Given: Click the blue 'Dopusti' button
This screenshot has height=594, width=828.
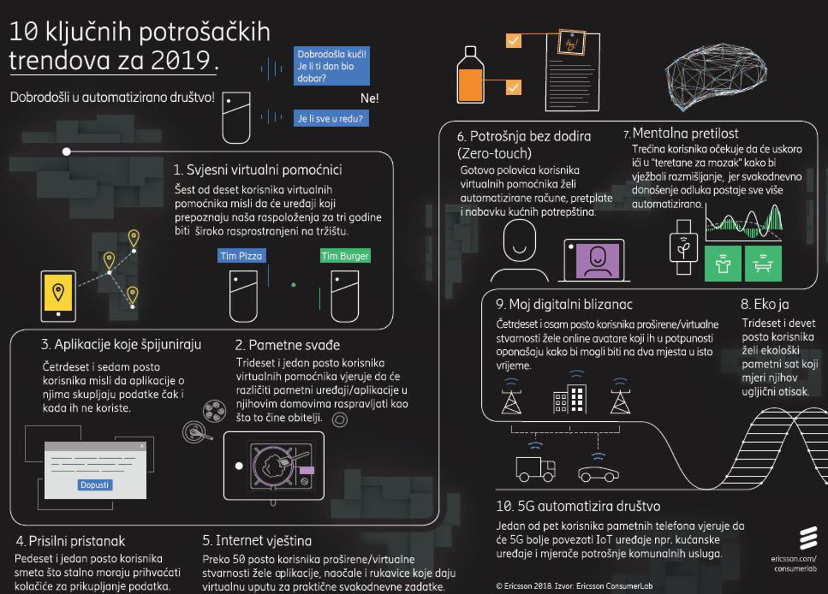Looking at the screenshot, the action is (94, 485).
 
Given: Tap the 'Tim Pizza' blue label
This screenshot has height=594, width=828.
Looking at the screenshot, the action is (242, 255).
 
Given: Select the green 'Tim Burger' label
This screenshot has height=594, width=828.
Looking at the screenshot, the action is (345, 255).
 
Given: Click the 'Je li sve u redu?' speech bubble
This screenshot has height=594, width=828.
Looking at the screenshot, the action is (331, 118).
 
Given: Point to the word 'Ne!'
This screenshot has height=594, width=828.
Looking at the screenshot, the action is (369, 98).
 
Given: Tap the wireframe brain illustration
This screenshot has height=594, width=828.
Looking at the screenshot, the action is (715, 76).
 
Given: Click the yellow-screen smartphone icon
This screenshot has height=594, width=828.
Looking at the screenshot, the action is (58, 296).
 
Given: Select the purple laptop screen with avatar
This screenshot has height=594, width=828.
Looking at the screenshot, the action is (597, 261).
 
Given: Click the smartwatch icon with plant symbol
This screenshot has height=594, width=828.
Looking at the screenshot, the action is (683, 247).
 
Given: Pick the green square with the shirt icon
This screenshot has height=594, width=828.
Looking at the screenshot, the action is (723, 263).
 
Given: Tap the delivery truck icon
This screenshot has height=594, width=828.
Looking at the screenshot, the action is (535, 469).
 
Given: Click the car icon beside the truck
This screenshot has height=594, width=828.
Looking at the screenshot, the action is (599, 474).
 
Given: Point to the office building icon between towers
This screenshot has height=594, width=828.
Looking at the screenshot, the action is (569, 399).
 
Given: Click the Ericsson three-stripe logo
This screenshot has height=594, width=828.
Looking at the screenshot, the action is (808, 538).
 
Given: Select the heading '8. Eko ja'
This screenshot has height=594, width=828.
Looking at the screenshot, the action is (765, 304).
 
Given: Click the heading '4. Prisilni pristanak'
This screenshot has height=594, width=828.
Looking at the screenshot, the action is (70, 541).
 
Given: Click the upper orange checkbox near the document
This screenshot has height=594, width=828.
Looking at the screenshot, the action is (513, 41).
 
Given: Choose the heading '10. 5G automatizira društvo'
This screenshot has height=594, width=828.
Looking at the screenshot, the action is (578, 506).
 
